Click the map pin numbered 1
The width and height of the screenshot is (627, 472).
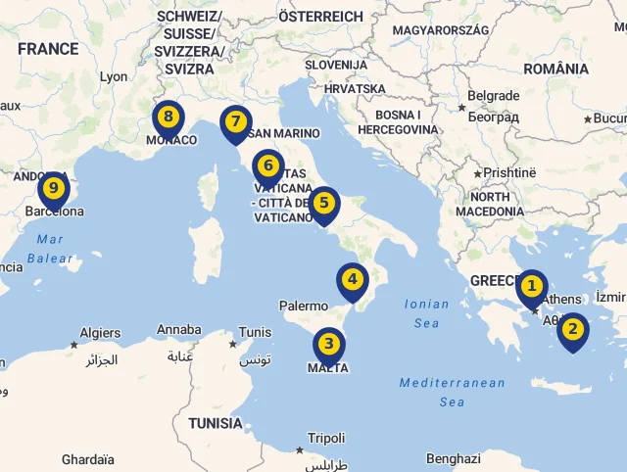point(531,287)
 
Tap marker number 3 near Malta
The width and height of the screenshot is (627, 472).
point(328,345)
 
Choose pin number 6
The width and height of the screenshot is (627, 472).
point(267,166)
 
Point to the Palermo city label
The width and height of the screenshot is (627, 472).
point(304,307)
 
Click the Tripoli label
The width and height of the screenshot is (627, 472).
point(326,439)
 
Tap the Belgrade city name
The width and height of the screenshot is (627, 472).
point(493,96)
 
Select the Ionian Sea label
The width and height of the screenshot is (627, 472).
point(427,313)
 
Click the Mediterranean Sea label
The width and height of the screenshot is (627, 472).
point(452,392)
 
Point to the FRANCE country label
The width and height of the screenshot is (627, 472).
point(47,49)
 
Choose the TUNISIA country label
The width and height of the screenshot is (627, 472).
point(216,424)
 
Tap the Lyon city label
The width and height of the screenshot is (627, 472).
point(114,76)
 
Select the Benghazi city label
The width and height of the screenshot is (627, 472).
point(454,458)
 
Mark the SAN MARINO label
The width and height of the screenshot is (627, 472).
point(284,133)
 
